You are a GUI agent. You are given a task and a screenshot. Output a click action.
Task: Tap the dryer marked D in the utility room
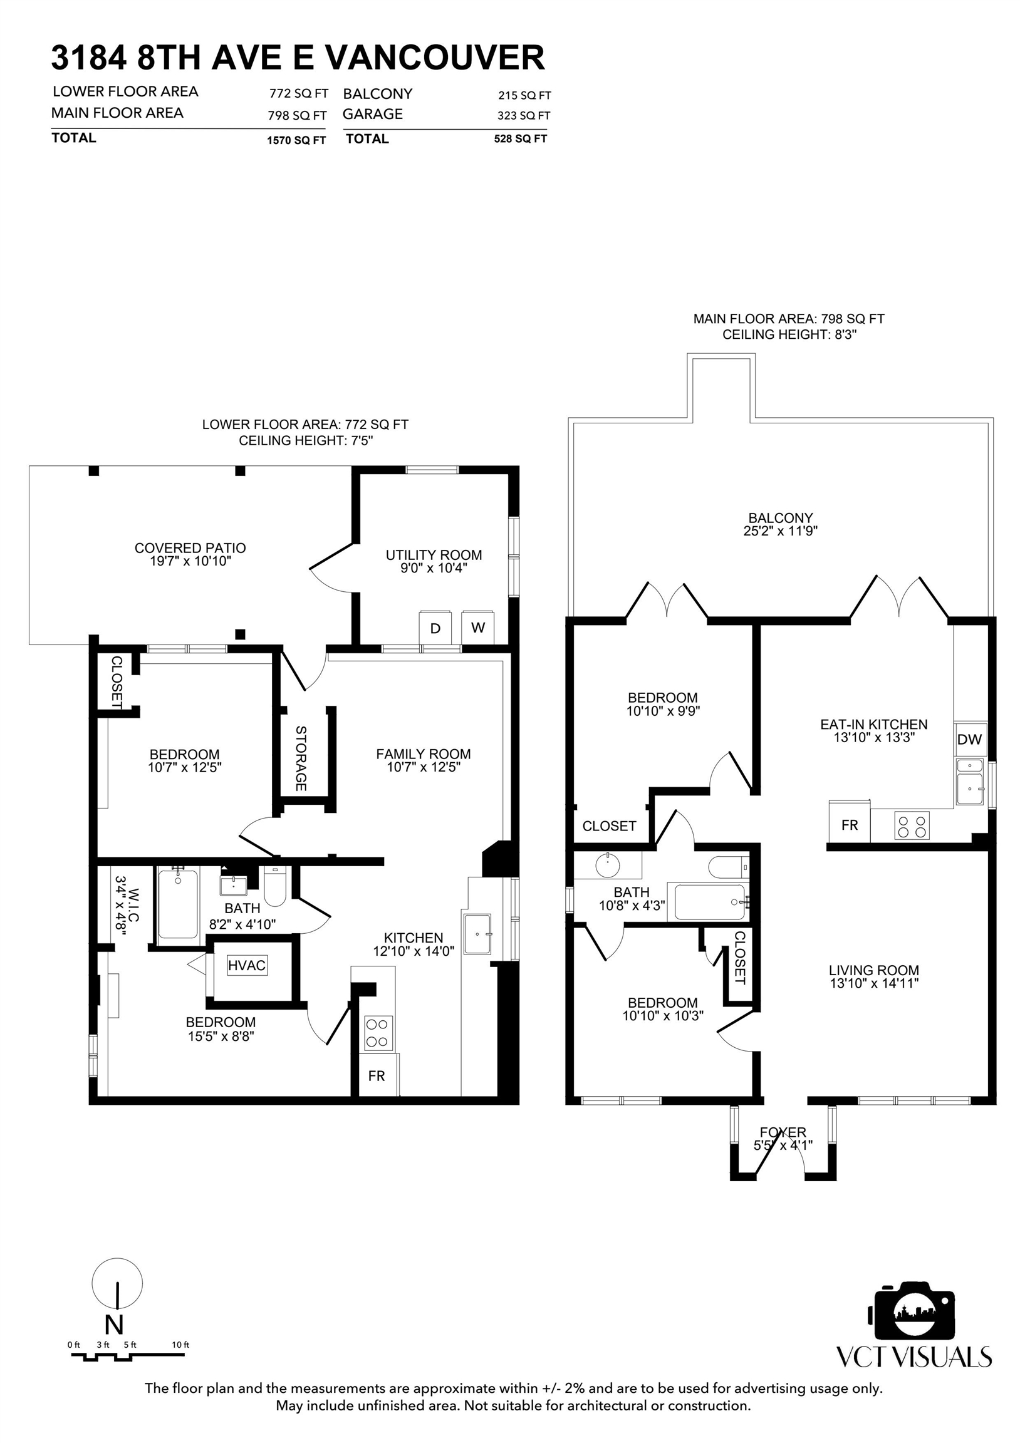(x=436, y=627)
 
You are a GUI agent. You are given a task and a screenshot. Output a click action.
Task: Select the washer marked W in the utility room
(x=478, y=627)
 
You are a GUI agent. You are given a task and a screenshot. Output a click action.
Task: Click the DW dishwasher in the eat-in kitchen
(x=969, y=739)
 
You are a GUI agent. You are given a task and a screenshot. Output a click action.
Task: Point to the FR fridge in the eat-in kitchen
(x=850, y=825)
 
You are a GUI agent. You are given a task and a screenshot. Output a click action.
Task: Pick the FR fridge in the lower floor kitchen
(x=377, y=1076)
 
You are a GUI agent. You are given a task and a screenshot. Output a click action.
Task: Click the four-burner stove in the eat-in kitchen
(x=912, y=826)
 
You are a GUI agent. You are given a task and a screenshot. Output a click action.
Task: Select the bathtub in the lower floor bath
(x=178, y=904)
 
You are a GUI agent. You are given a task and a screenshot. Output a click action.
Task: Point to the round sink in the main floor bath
(x=608, y=866)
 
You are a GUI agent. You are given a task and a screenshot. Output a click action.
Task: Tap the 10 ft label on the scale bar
(x=180, y=1345)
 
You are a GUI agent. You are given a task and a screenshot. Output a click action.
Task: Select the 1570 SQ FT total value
(x=296, y=140)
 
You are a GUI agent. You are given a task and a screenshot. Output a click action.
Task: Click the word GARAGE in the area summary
(x=373, y=114)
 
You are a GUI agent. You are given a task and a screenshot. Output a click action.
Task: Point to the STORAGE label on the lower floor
(x=301, y=758)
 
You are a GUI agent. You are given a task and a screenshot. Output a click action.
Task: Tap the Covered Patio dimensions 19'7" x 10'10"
(x=190, y=561)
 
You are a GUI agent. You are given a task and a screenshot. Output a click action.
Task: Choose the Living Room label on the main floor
(x=874, y=970)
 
